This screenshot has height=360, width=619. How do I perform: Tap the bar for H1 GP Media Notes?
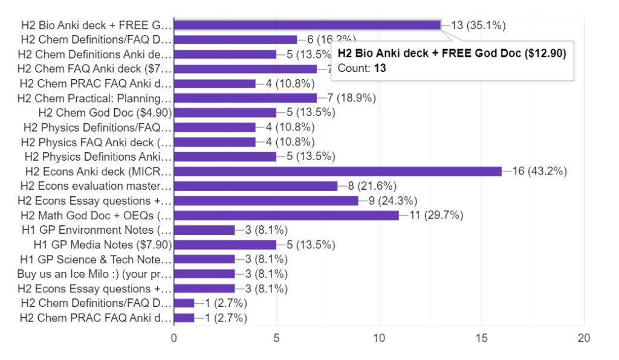(225, 245)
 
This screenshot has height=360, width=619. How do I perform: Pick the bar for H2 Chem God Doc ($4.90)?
(225, 112)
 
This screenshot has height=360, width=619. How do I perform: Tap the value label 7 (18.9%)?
(350, 97)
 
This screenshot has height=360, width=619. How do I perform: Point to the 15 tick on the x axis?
(481, 338)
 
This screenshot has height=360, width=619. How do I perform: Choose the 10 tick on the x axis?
(379, 338)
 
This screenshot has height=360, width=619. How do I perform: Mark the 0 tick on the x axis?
(174, 338)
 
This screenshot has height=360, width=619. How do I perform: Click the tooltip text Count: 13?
(362, 68)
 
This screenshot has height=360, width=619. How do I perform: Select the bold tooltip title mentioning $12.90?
(452, 54)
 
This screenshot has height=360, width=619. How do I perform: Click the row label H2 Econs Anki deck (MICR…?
(96, 171)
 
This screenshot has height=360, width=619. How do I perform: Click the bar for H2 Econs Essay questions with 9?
(266, 201)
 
